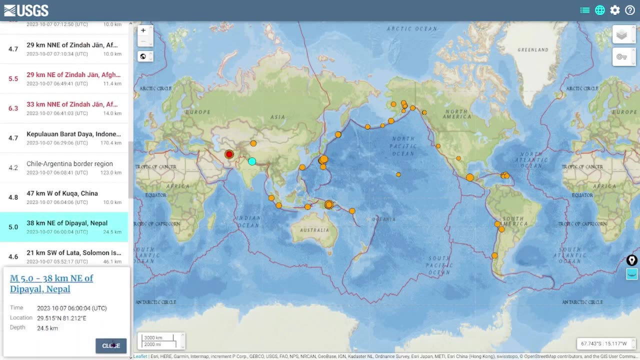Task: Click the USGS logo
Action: tap(26, 10)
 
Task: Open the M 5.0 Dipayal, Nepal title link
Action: tap(51, 283)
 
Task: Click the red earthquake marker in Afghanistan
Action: tap(229, 154)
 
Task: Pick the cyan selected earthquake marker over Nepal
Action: tap(252, 161)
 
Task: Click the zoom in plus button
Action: tap(143, 30)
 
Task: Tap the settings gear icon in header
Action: tap(615, 10)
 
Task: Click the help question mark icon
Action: tap(630, 10)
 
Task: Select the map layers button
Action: tap(621, 35)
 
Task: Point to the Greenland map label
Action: tap(533, 50)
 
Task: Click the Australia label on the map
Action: tap(314, 230)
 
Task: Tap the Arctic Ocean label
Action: tap(411, 29)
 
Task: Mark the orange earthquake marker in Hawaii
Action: tap(398, 174)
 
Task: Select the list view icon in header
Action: tap(585, 10)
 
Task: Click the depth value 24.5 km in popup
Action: tap(47, 328)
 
